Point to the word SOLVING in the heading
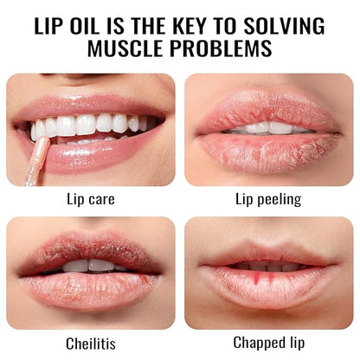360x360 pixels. click(x=295, y=22)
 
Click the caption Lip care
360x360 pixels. click(x=91, y=199)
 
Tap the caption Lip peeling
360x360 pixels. click(x=268, y=199)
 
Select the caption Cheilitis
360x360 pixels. click(x=91, y=341)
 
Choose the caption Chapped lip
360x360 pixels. click(x=268, y=341)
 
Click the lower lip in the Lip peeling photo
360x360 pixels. click(x=268, y=149)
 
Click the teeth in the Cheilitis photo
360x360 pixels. click(x=91, y=266)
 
